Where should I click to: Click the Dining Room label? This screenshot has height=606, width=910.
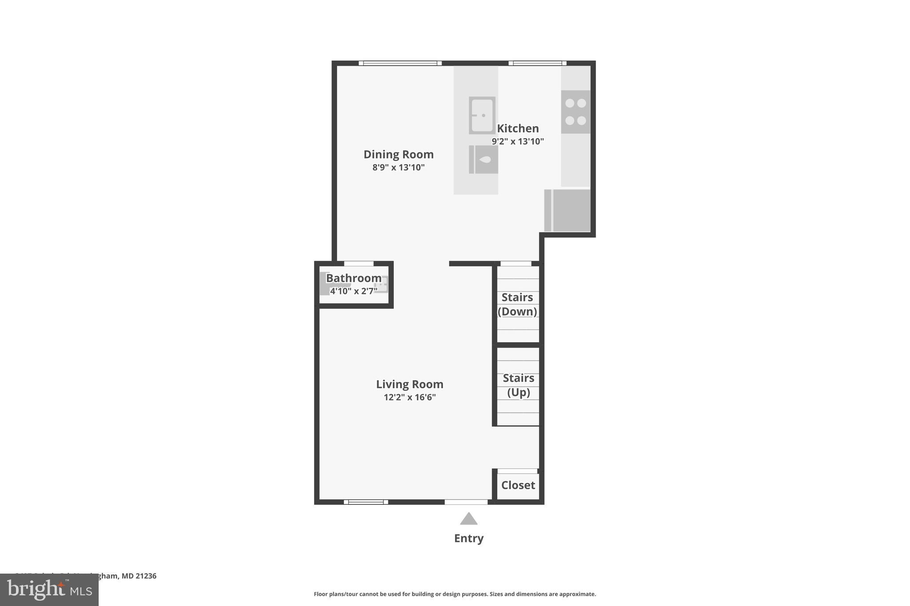pyautogui.click(x=399, y=154)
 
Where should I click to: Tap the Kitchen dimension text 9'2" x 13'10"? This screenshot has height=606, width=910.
pyautogui.click(x=518, y=142)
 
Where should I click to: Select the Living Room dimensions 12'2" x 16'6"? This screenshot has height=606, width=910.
pyautogui.click(x=410, y=397)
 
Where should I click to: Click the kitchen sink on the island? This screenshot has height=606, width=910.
pyautogui.click(x=482, y=115)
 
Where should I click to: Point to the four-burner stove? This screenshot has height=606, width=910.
pyautogui.click(x=575, y=112)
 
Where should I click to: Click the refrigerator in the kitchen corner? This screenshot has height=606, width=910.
pyautogui.click(x=568, y=210)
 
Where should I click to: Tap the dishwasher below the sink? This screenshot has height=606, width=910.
pyautogui.click(x=483, y=159)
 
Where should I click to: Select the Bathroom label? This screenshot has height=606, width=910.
pyautogui.click(x=354, y=278)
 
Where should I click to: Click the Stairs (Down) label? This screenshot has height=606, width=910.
pyautogui.click(x=517, y=304)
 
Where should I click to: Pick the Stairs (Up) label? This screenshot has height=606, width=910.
pyautogui.click(x=518, y=385)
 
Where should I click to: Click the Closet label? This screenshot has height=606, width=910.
pyautogui.click(x=518, y=485)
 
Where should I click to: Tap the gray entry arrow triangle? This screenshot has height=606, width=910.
pyautogui.click(x=469, y=519)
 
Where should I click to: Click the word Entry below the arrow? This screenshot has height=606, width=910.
pyautogui.click(x=469, y=539)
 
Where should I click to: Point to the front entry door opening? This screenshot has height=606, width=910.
pyautogui.click(x=466, y=502)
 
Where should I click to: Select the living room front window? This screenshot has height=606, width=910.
pyautogui.click(x=366, y=502)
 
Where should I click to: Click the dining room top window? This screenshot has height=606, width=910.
pyautogui.click(x=400, y=63)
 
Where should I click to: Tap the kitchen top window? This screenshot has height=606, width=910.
pyautogui.click(x=537, y=63)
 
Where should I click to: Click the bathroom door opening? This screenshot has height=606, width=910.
pyautogui.click(x=359, y=264)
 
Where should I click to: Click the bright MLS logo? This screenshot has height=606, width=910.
pyautogui.click(x=49, y=590)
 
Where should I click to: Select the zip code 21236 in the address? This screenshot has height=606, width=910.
pyautogui.click(x=146, y=576)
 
